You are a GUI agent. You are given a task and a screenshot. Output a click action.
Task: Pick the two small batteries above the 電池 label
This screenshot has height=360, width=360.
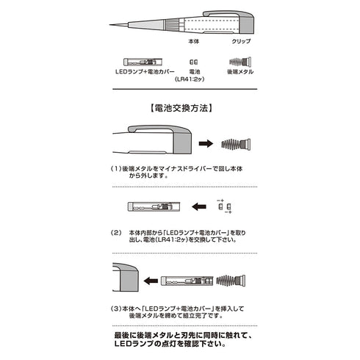(193, 62)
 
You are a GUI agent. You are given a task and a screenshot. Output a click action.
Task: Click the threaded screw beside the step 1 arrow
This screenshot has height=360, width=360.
(235, 143)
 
